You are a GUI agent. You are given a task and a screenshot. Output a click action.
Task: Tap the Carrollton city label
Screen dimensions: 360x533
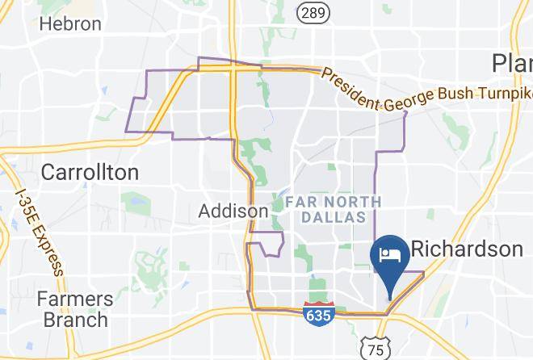point(89,172)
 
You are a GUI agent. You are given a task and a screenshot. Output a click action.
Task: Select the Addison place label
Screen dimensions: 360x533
point(233,211)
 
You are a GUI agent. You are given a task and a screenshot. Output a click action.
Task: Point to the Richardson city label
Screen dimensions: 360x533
point(467,249)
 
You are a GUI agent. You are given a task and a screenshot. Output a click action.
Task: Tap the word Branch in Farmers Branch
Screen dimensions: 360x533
point(73,320)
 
